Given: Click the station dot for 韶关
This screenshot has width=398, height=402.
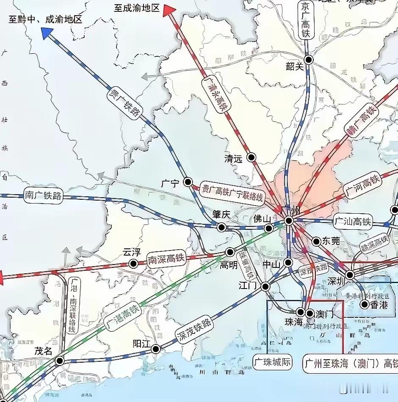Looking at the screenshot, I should [x=309, y=60].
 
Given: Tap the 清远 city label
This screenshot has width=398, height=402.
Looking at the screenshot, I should [x=233, y=159].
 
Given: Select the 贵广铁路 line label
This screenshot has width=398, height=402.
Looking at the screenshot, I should [x=125, y=101].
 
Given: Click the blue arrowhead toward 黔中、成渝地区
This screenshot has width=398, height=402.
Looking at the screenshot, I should [x=46, y=33].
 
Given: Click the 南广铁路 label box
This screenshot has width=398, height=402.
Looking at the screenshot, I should [x=43, y=196].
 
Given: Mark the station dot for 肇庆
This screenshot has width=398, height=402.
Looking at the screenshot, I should [x=221, y=227].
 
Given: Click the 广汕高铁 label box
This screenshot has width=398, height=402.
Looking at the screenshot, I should [x=352, y=221].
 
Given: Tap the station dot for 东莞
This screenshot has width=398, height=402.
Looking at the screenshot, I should [x=316, y=241].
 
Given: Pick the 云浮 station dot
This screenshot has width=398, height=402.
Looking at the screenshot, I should [x=133, y=264].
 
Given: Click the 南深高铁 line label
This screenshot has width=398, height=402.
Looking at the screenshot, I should [x=166, y=259].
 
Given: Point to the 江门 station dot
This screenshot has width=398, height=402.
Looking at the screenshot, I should [x=265, y=286].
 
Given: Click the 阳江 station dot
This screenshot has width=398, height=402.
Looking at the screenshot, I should [x=156, y=349].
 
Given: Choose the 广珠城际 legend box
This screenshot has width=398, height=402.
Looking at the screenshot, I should [x=272, y=363].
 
